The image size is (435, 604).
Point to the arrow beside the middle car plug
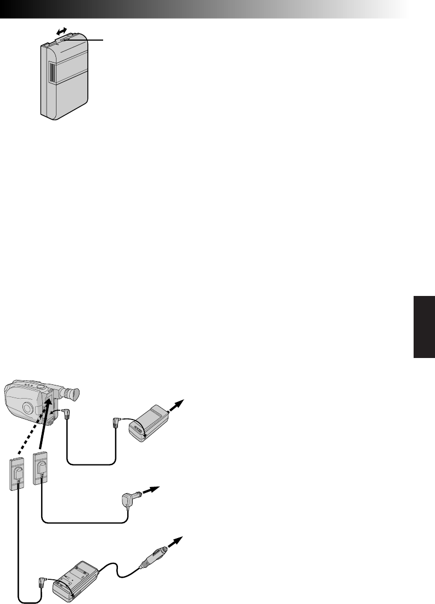tap(150, 490)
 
